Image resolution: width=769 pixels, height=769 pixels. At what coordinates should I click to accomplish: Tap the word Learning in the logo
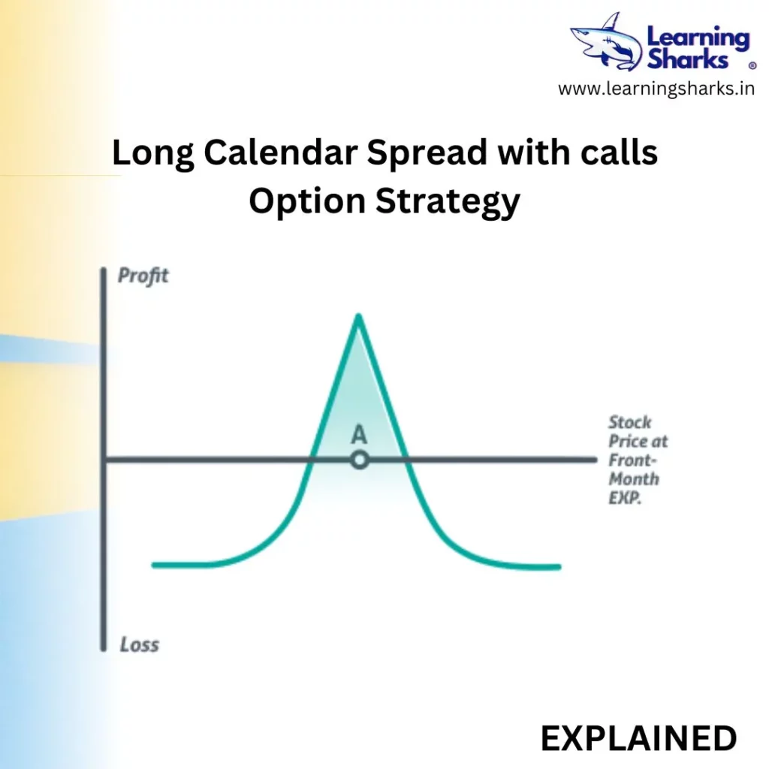pyautogui.click(x=698, y=39)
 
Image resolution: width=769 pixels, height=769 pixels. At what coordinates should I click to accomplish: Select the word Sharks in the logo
pyautogui.click(x=688, y=60)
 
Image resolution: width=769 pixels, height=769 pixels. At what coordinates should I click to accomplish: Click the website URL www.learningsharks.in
pyautogui.click(x=656, y=89)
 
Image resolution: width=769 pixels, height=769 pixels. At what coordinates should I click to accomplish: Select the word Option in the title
pyautogui.click(x=307, y=202)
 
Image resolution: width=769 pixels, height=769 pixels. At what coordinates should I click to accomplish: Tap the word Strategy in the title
pyautogui.click(x=448, y=202)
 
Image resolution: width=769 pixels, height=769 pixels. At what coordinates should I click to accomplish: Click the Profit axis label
pyautogui.click(x=143, y=276)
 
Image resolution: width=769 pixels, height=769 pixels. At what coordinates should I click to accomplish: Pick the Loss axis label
pyautogui.click(x=140, y=644)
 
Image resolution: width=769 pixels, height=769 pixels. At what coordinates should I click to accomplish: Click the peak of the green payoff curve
pyautogui.click(x=358, y=316)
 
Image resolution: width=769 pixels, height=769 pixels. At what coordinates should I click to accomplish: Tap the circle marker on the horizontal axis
pyautogui.click(x=360, y=460)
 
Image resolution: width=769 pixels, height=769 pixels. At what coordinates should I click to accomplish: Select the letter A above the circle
pyautogui.click(x=359, y=435)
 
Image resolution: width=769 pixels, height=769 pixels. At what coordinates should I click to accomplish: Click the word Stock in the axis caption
pyautogui.click(x=630, y=422)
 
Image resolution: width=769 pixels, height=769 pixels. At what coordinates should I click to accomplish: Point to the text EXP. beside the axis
pyautogui.click(x=625, y=499)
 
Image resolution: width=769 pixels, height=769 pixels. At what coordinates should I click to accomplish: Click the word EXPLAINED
pyautogui.click(x=638, y=738)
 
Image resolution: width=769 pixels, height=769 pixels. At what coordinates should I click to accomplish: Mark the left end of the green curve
pyautogui.click(x=154, y=565)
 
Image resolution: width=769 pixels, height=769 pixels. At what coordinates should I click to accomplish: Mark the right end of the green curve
pyautogui.click(x=559, y=567)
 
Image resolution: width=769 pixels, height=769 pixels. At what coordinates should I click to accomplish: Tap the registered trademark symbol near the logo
pyautogui.click(x=752, y=66)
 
